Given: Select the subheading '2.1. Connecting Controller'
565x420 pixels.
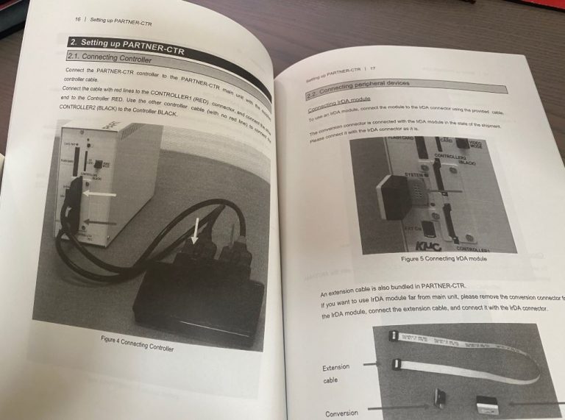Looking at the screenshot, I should tap(110, 57).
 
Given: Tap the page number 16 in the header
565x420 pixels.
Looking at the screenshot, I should tap(78, 18).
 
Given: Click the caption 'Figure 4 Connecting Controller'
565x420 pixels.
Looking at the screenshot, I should tap(137, 344).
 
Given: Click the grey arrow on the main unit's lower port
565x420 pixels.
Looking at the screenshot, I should tap(99, 221).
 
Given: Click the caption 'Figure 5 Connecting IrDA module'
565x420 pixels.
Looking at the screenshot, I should tap(444, 259).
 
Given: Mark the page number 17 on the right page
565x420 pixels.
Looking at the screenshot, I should tap(372, 68).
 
